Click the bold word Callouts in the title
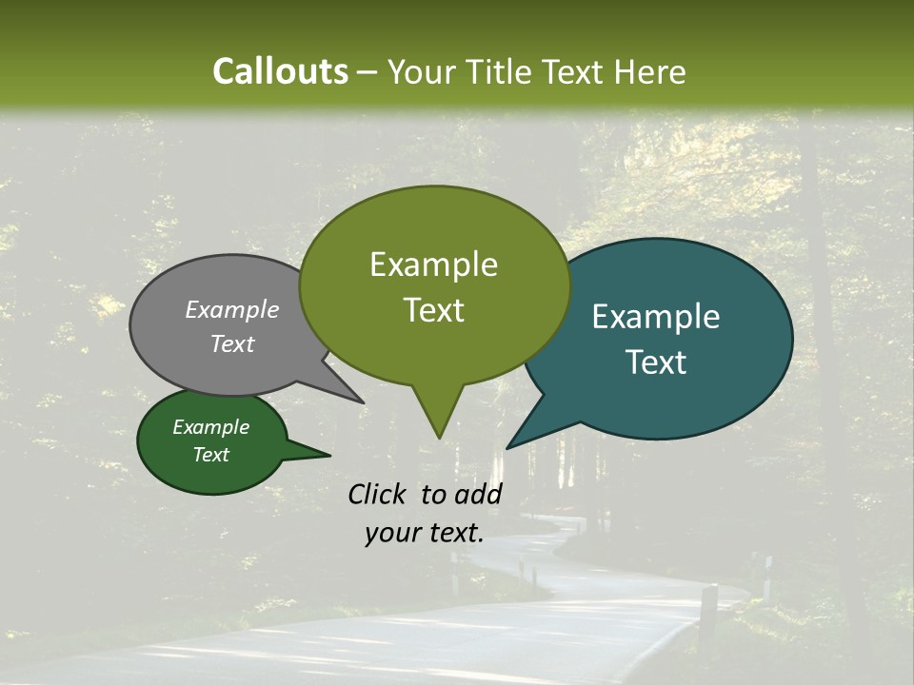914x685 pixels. coord(280,71)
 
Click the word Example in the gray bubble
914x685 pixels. coord(232,309)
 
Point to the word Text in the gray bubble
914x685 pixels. coord(232,343)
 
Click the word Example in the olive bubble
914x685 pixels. coord(433,264)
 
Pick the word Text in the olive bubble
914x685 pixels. coord(433,310)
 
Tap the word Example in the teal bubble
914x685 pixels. coord(656,317)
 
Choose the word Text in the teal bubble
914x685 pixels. coord(656,362)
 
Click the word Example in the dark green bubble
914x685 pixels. coord(211,427)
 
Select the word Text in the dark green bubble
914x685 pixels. coord(211,455)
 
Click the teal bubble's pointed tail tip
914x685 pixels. coord(508,447)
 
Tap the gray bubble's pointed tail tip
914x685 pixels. coord(363,402)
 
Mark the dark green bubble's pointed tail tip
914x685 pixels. coord(329,455)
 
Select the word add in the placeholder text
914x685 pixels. coord(477,494)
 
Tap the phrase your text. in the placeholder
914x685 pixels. coord(425,533)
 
